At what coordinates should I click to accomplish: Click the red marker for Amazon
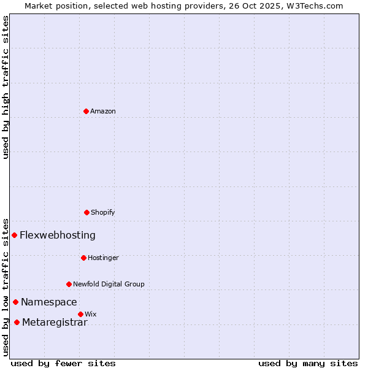coord(86,111)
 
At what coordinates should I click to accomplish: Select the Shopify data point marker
coord(86,212)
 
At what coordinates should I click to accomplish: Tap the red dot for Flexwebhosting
coord(14,235)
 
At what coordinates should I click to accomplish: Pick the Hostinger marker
coord(83,258)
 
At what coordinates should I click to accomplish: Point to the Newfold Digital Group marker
coord(69,284)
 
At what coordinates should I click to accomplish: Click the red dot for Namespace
coord(15,302)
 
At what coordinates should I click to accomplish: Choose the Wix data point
coord(80,314)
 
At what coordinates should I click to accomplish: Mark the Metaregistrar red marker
coord(17,323)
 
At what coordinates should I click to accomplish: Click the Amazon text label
coord(103,111)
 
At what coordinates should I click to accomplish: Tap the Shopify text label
coord(103,212)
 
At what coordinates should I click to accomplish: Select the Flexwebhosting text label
coord(58,235)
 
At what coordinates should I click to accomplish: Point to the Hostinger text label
coord(103,258)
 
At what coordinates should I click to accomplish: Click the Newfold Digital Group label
coord(109,284)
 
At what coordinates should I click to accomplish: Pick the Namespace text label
coord(49,302)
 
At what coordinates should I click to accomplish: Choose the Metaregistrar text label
coord(55,323)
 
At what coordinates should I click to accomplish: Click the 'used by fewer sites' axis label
coord(63,363)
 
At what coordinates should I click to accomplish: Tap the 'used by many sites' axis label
coord(308,363)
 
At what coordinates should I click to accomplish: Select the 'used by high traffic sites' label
coord(6,87)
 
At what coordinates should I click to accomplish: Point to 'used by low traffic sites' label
coord(6,287)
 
